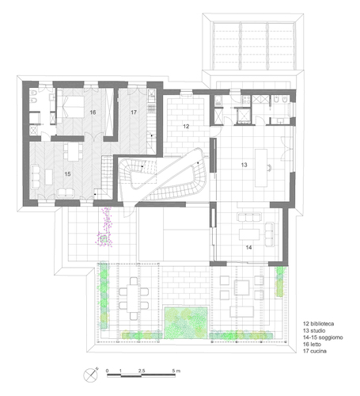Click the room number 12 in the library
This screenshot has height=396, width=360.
(x=186, y=127)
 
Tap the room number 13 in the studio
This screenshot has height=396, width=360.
(x=244, y=165)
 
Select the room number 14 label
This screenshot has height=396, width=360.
(x=248, y=248)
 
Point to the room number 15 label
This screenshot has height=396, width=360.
(x=67, y=174)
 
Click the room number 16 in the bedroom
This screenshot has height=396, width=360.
(x=93, y=112)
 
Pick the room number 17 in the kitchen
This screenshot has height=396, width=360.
(x=134, y=112)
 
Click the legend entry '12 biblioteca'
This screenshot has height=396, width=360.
(x=319, y=324)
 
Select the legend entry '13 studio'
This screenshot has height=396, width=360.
(x=314, y=330)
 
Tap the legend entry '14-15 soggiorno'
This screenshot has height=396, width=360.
(x=323, y=337)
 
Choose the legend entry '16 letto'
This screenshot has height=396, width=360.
(x=313, y=345)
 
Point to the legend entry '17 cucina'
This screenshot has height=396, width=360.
(x=315, y=351)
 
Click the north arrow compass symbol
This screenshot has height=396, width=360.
(x=91, y=375)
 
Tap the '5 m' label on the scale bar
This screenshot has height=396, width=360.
(x=176, y=371)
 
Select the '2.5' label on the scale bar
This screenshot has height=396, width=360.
(x=142, y=371)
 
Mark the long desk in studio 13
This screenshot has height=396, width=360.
(x=261, y=168)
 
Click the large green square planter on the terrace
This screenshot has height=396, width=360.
(x=186, y=322)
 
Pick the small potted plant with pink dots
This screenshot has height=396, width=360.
(x=104, y=239)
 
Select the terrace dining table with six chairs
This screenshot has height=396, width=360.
(x=134, y=299)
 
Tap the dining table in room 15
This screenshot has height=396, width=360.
(x=74, y=151)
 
